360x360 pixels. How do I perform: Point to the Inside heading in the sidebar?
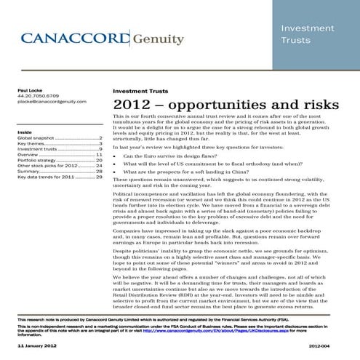(x=24, y=132)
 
